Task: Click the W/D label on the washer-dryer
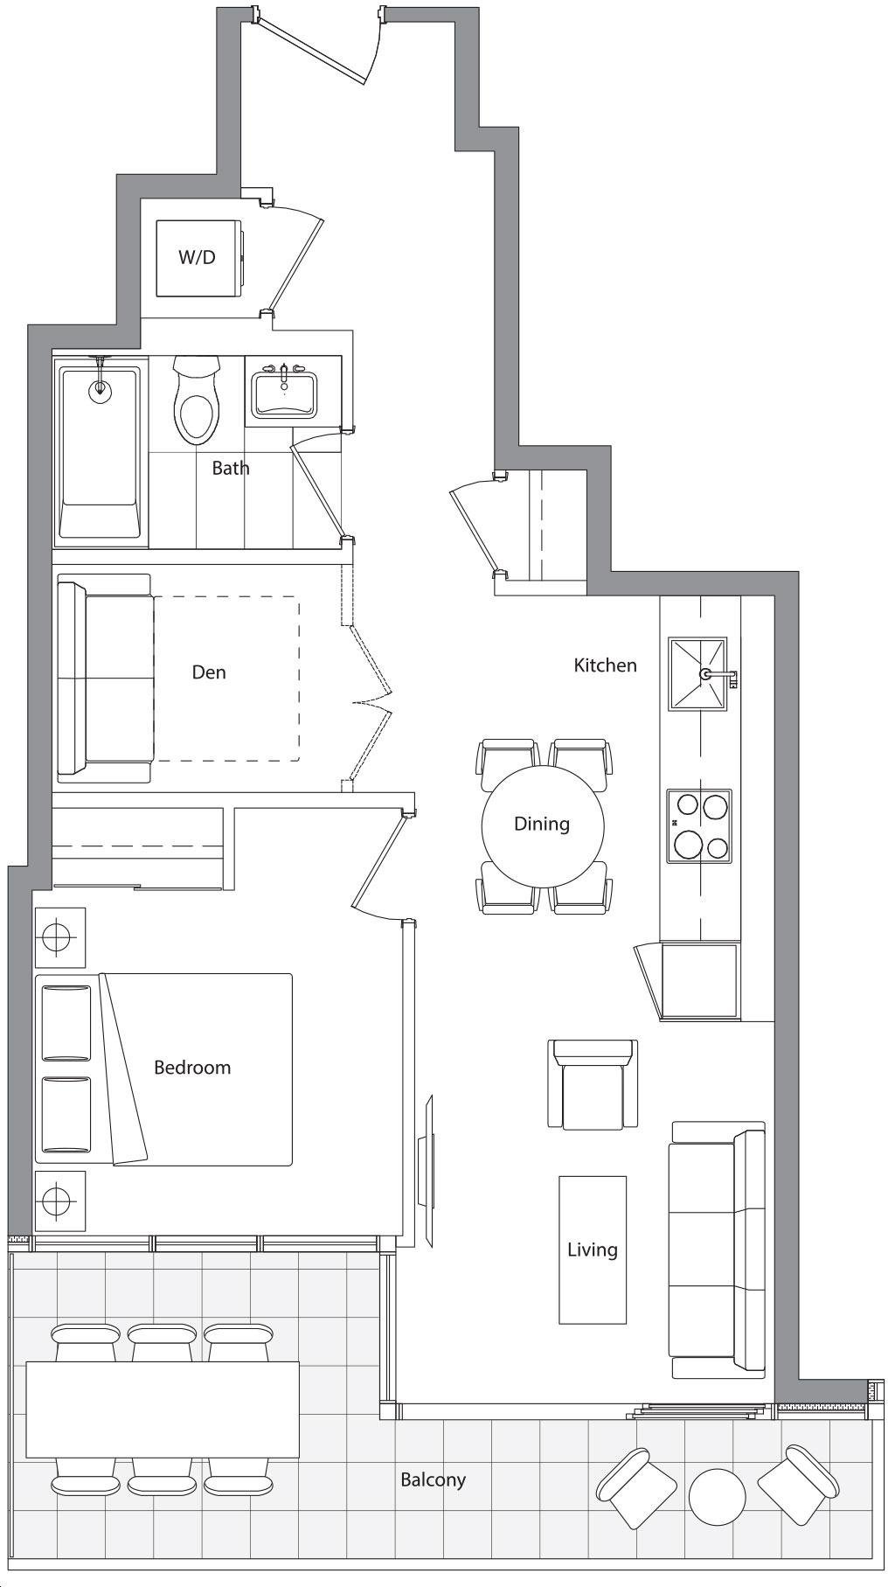point(197,257)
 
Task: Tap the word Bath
point(231,468)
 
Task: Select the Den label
point(209,672)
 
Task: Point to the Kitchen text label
point(605,665)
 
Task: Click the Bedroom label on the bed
point(192,1068)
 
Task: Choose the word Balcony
point(433,1480)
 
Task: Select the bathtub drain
point(101,389)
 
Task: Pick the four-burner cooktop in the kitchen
point(699,826)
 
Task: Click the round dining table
point(543,825)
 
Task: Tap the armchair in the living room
point(593,1084)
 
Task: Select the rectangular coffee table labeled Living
point(593,1249)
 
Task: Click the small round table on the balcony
point(717,1496)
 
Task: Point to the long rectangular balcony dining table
point(163,1409)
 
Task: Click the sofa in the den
point(105,679)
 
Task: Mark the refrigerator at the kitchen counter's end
point(699,981)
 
